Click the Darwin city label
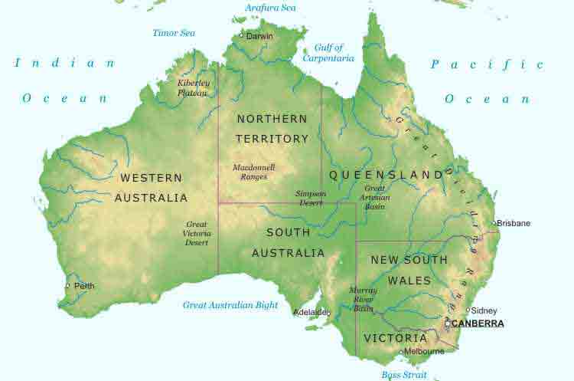click(x=261, y=35)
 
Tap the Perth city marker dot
click(x=67, y=286)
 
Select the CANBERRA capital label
click(x=478, y=324)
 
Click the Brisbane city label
click(x=514, y=223)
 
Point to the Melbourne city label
click(x=424, y=351)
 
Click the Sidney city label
click(x=484, y=310)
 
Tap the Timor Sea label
click(x=174, y=33)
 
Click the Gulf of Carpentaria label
click(x=328, y=53)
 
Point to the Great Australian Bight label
click(x=230, y=305)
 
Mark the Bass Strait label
click(x=406, y=375)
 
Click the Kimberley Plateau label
click(x=193, y=87)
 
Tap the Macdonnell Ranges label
click(x=253, y=172)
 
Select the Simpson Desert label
click(x=311, y=199)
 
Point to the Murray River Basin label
click(x=363, y=300)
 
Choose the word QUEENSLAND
click(x=386, y=175)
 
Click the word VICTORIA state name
click(x=395, y=338)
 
